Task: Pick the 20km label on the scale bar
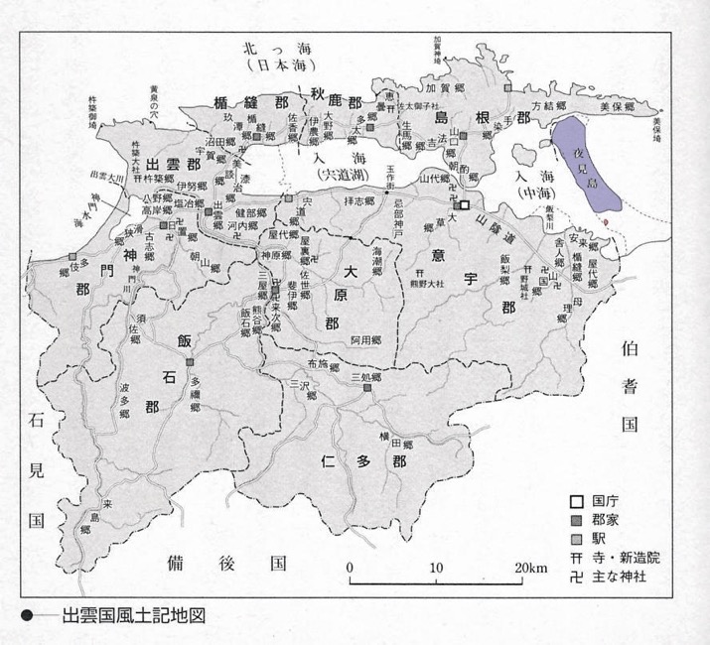click(x=530, y=568)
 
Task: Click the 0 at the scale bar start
click(x=351, y=568)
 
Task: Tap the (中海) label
click(x=531, y=192)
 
